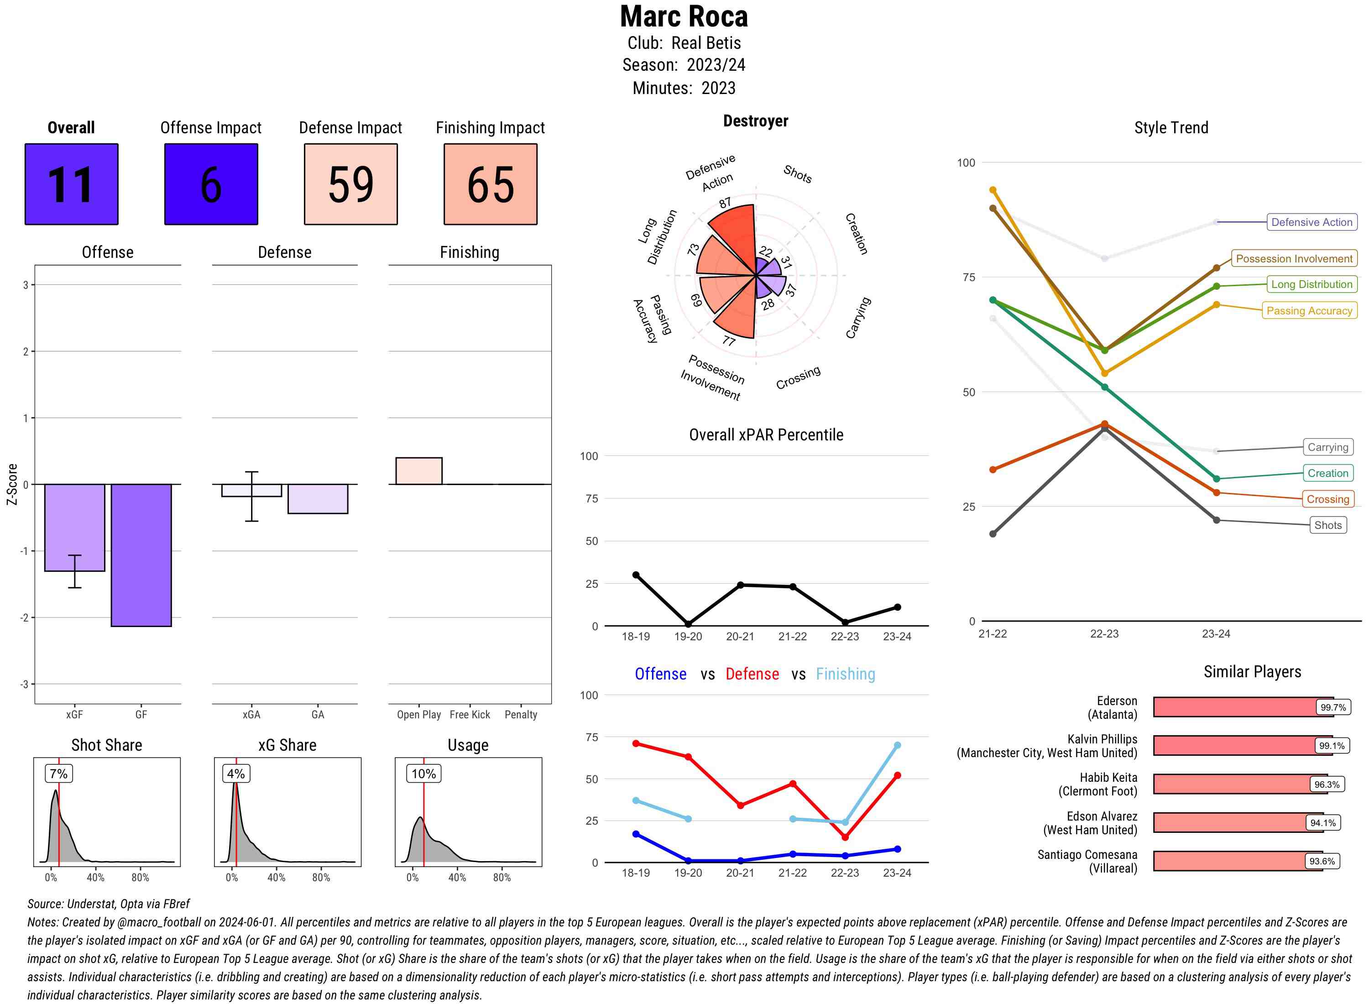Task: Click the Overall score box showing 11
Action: tap(71, 184)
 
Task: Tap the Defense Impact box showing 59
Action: tap(350, 184)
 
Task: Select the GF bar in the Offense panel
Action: tap(141, 555)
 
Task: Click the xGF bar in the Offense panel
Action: tap(75, 527)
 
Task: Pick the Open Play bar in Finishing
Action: tap(418, 471)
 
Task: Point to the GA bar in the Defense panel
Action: tap(318, 498)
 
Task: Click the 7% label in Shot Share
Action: tap(58, 774)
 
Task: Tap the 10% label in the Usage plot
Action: tap(423, 774)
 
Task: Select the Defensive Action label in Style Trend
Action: tap(1312, 222)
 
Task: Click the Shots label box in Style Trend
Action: tap(1327, 525)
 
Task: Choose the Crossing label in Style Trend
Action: tap(1327, 499)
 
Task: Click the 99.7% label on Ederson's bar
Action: tap(1332, 707)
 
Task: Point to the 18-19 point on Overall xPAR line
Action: tap(636, 575)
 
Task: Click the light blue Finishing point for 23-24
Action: tap(897, 745)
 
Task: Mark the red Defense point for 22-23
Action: tap(845, 837)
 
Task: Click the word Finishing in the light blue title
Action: tap(845, 674)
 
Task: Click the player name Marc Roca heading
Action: tap(684, 17)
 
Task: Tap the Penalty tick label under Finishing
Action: tap(521, 715)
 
